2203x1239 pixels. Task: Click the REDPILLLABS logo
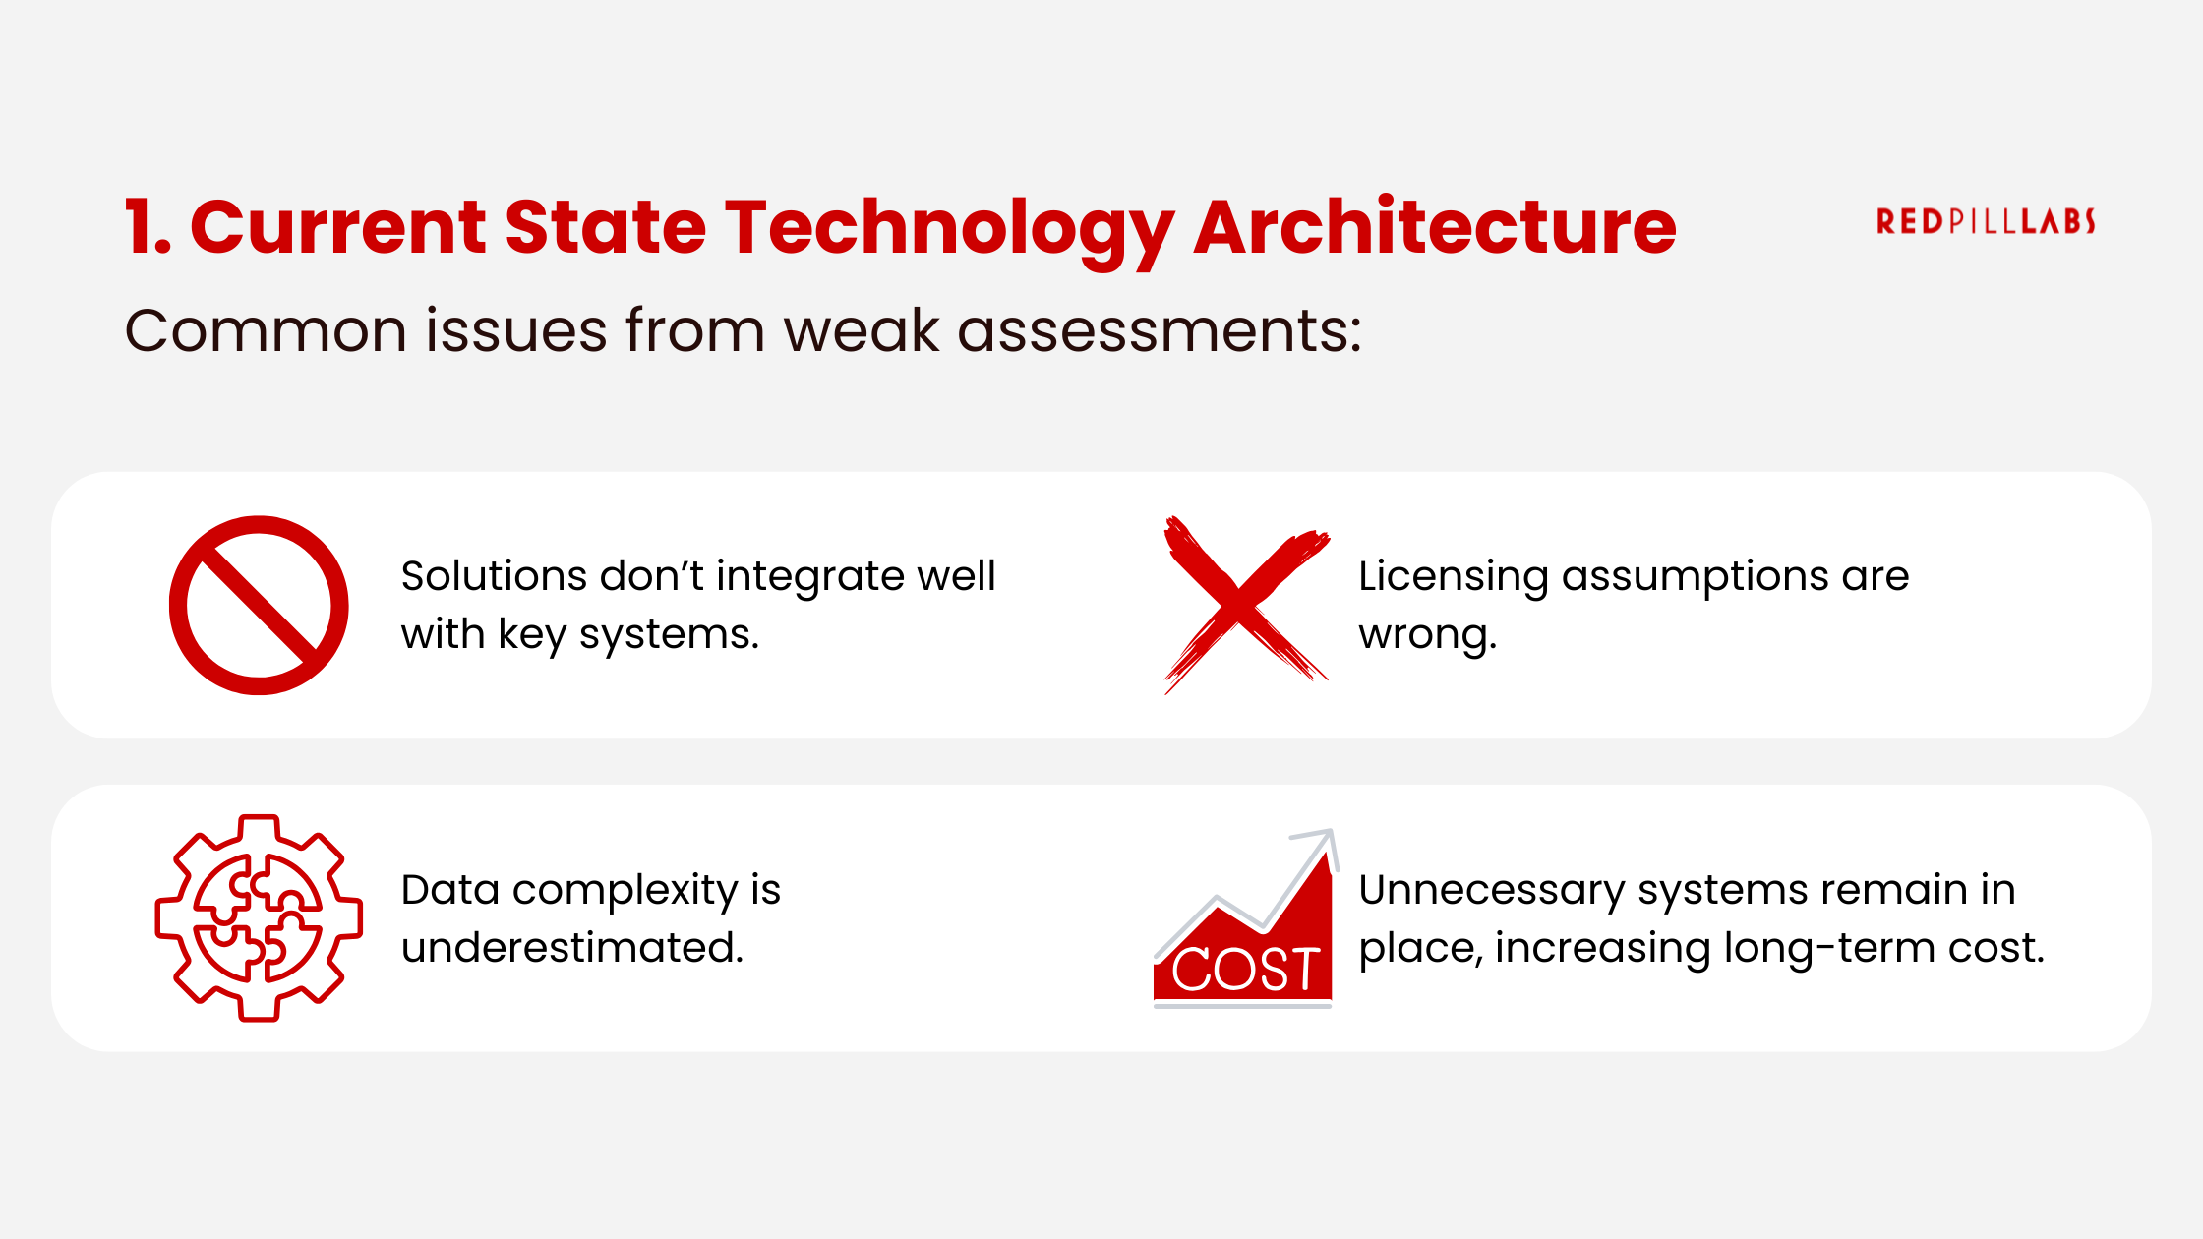point(1986,221)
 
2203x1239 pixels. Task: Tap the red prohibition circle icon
point(259,606)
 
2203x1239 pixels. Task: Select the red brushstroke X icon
point(1245,604)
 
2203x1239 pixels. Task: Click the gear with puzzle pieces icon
point(259,917)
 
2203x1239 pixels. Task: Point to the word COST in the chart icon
point(1245,970)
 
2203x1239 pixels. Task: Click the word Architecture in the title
point(1435,227)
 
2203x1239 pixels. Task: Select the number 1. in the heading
point(149,227)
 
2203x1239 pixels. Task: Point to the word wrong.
point(1427,635)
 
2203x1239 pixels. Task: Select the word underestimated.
point(572,948)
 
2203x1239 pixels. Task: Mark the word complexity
point(625,891)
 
